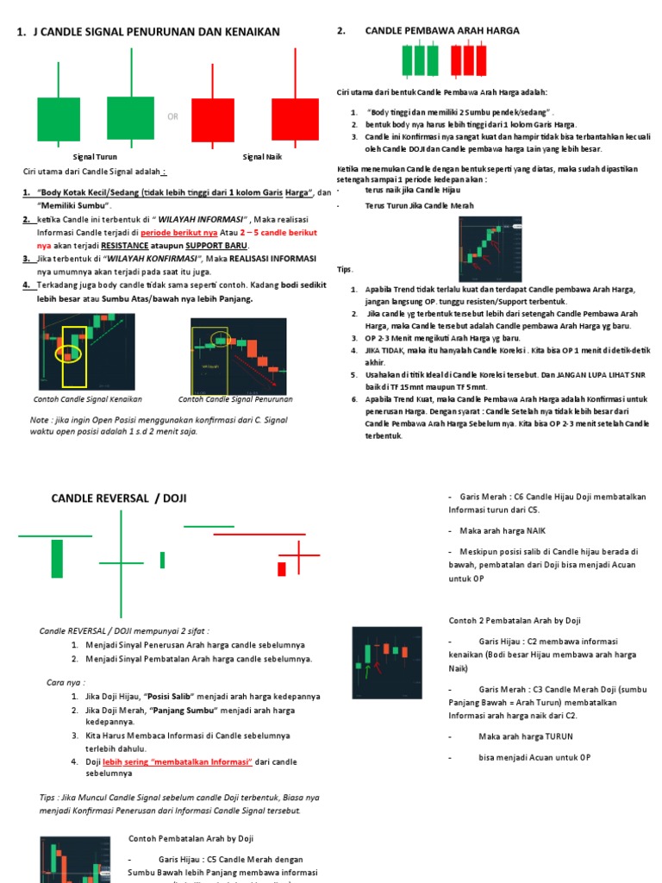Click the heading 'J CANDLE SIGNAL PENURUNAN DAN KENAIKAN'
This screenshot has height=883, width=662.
click(x=155, y=33)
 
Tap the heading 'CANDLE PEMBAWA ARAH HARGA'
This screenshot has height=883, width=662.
click(x=442, y=31)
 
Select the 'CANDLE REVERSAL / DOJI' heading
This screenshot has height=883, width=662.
click(x=119, y=498)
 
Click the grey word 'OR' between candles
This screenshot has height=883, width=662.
click(x=173, y=116)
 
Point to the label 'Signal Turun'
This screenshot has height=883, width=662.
click(x=95, y=157)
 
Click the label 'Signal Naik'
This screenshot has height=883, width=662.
click(x=262, y=157)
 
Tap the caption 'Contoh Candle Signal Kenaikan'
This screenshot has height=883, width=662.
click(x=87, y=399)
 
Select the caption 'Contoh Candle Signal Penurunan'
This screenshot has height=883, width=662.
click(x=235, y=399)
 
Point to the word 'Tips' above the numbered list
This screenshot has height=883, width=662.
click(x=345, y=269)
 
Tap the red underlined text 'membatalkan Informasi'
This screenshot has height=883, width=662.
click(x=200, y=761)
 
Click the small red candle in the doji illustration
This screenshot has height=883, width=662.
click(x=282, y=569)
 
